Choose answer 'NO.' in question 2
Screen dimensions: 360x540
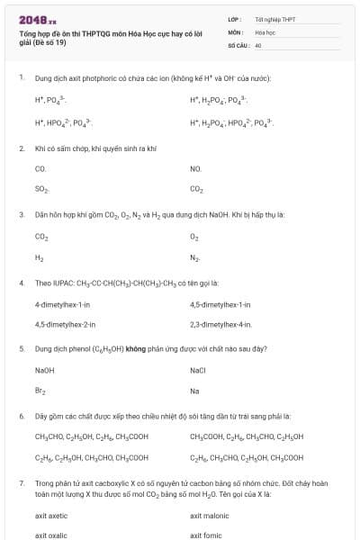[x=195, y=168]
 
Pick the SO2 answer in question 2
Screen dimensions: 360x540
[x=41, y=189]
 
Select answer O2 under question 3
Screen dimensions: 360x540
[x=194, y=237]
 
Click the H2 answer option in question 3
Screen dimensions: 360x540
[x=40, y=257]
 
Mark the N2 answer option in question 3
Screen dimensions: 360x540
[x=194, y=257]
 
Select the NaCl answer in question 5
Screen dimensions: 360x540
[x=198, y=370]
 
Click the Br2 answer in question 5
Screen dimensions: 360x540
[x=40, y=391]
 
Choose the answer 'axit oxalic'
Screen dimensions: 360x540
[x=51, y=535]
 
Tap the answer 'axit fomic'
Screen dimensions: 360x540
[x=207, y=535]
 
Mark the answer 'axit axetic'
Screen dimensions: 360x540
[x=51, y=516]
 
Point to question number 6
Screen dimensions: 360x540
[x=22, y=416]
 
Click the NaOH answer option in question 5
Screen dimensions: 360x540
[x=45, y=370]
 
